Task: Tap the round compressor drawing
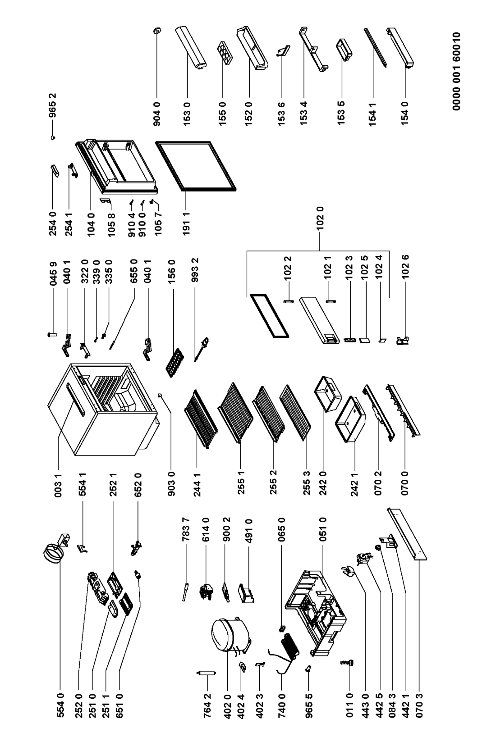[231, 636]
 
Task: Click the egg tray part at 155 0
[225, 52]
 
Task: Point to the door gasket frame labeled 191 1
[196, 166]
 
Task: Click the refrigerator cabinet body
[103, 411]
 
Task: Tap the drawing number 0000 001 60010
[456, 71]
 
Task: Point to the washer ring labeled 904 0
[157, 31]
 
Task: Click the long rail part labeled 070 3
[407, 533]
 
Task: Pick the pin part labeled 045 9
[52, 335]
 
